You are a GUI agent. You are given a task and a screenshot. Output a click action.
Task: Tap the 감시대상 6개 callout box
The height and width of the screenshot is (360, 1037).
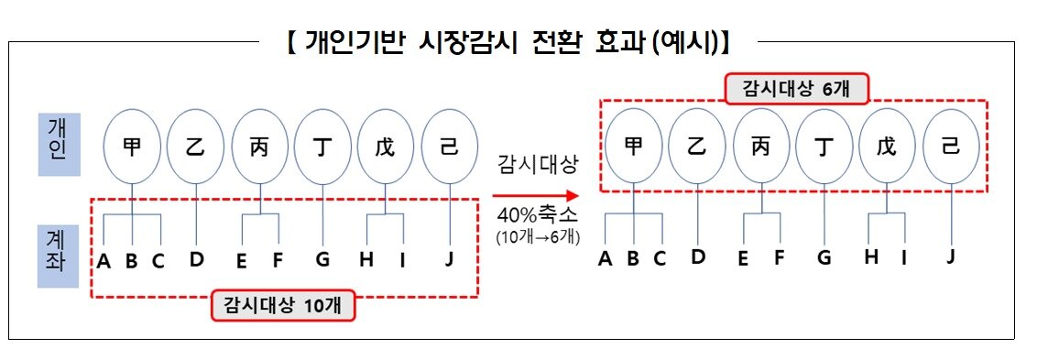pos(796,88)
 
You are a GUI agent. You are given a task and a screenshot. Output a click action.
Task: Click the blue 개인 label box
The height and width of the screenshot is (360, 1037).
pos(58,145)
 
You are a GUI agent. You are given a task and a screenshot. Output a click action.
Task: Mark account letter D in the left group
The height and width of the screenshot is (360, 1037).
pos(197,259)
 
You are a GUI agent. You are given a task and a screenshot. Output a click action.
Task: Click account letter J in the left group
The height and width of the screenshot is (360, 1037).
pos(449,259)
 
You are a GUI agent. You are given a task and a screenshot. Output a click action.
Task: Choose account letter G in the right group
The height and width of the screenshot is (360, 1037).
pos(824,257)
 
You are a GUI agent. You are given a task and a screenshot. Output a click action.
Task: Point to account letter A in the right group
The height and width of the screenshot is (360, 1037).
pos(605,258)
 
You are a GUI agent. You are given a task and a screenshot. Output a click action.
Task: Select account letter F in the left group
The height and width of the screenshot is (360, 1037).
pos(278,260)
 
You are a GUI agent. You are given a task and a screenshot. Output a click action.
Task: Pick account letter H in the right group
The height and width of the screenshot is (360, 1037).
pos(870,256)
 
